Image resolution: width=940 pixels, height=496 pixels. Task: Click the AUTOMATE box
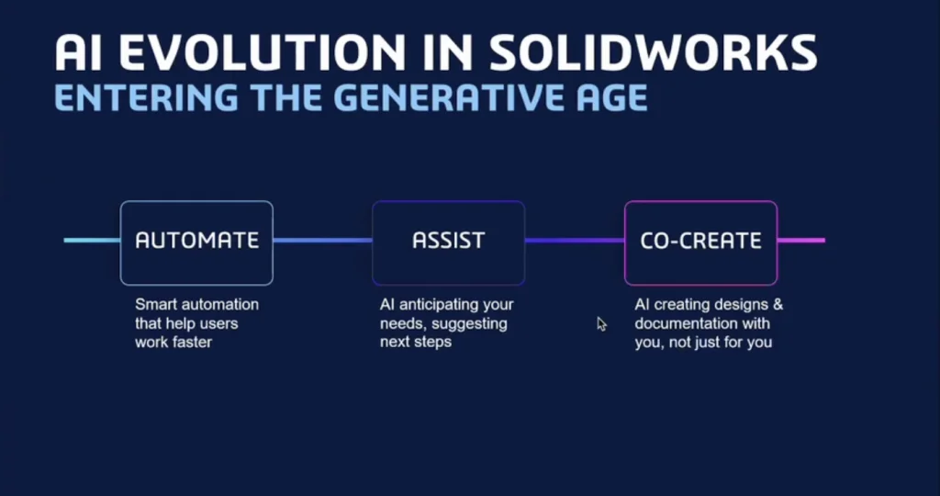[196, 242]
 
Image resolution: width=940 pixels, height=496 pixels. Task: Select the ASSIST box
[448, 242]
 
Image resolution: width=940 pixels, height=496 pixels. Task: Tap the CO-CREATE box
[700, 242]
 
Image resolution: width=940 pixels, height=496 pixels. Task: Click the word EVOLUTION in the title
[261, 52]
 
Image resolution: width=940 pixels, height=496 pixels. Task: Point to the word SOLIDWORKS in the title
[654, 52]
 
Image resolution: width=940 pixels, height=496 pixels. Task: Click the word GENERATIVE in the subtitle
[440, 97]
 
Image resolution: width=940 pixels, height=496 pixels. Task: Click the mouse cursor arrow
[601, 324]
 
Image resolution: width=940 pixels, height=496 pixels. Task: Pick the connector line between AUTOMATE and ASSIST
[322, 241]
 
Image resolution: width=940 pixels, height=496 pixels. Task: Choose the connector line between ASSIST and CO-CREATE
[575, 241]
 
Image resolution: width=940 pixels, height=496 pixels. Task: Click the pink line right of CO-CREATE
[801, 241]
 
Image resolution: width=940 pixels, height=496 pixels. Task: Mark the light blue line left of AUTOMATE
[92, 241]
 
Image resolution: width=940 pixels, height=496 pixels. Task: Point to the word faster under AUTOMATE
[193, 343]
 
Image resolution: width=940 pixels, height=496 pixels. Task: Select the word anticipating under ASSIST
[447, 305]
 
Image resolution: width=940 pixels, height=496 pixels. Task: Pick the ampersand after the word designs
[778, 305]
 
